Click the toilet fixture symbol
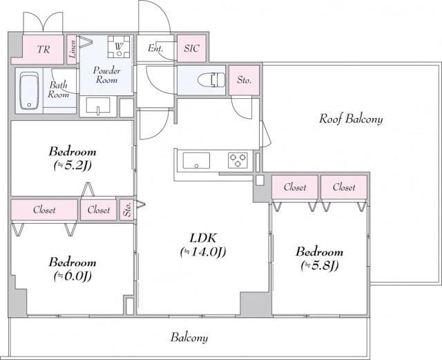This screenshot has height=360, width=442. click(211, 80)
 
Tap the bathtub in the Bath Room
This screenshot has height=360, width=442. click(29, 91)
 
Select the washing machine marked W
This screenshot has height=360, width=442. click(119, 46)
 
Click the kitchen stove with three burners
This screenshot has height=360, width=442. click(238, 160)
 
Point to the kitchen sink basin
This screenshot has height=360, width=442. click(196, 160)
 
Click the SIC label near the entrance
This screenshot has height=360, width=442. click(192, 48)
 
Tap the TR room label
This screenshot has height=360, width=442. click(44, 49)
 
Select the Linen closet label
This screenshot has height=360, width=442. click(73, 49)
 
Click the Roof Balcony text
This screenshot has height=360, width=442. click(351, 119)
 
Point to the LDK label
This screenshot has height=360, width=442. click(203, 238)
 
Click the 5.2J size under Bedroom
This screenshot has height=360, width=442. click(73, 166)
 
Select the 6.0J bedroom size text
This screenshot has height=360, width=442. click(73, 276)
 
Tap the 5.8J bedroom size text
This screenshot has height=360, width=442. click(319, 265)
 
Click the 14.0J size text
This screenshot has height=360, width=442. click(203, 252)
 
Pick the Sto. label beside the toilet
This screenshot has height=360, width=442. click(244, 80)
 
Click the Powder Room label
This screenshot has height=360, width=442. click(106, 75)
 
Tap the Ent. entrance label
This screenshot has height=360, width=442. click(155, 48)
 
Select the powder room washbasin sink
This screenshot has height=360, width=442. click(98, 106)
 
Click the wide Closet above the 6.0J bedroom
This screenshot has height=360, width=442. click(44, 209)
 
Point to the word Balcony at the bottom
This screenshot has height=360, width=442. click(189, 337)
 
